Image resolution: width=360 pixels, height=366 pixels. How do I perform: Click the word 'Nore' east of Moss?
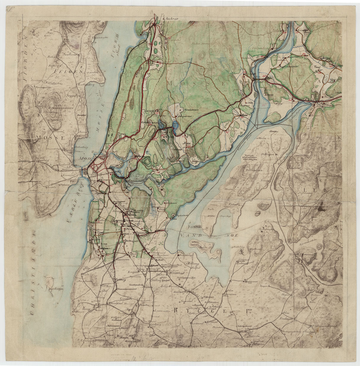point(187,142)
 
